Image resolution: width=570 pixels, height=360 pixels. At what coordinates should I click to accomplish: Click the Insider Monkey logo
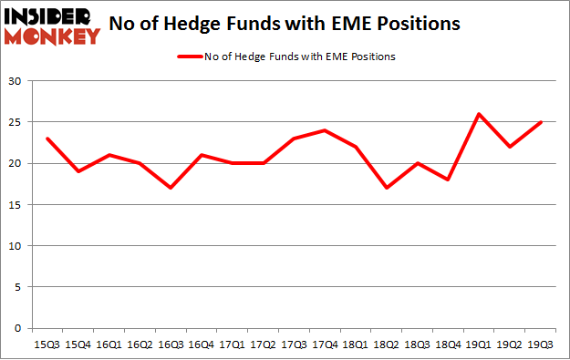[x=52, y=25]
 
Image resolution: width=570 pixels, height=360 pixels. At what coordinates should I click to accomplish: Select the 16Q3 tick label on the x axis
[x=169, y=344]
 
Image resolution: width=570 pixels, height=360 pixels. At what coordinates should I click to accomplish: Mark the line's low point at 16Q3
[x=169, y=188]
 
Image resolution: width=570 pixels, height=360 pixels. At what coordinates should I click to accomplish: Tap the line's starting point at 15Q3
[x=47, y=139]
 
